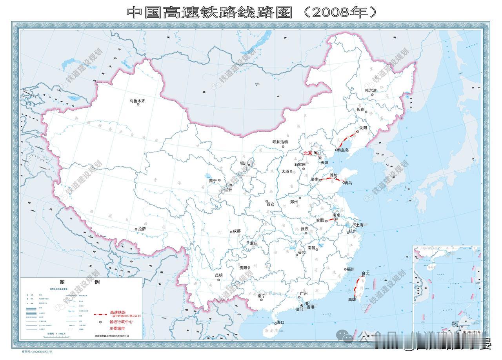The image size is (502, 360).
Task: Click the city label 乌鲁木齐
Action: tap(137, 101)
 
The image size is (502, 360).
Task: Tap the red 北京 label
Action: tap(308, 153)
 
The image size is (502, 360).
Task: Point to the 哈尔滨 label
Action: tap(371, 90)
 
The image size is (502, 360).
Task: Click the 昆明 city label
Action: tap(218, 275)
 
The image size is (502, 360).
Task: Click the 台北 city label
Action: tap(366, 273)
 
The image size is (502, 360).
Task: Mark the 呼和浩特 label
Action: tap(280, 142)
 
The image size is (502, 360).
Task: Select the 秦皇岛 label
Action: tap(343, 150)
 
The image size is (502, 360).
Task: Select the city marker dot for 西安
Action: tap(267, 201)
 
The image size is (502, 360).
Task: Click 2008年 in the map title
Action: tap(337, 13)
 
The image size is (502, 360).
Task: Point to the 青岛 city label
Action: tap(347, 183)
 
